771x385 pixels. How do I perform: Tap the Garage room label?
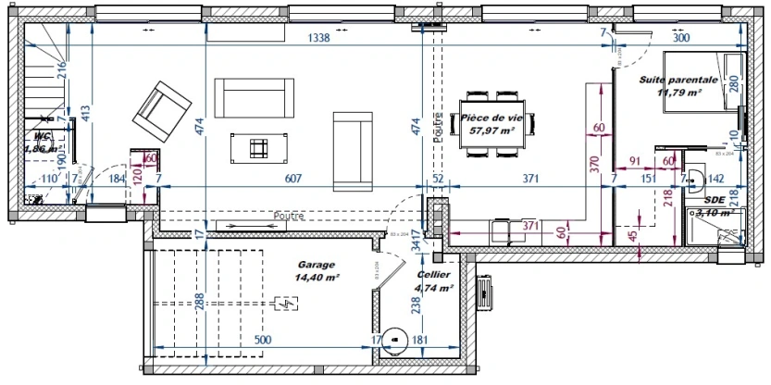[317, 264]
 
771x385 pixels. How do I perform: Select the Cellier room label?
[433, 276]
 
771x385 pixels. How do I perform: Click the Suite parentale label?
[678, 81]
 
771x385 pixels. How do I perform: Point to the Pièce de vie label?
[492, 118]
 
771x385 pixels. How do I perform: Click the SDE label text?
[714, 199]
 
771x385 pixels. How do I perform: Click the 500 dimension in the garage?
[263, 340]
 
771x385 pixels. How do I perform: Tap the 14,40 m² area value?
[317, 277]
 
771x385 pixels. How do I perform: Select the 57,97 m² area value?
[492, 131]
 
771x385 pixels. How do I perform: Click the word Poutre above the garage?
[288, 217]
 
